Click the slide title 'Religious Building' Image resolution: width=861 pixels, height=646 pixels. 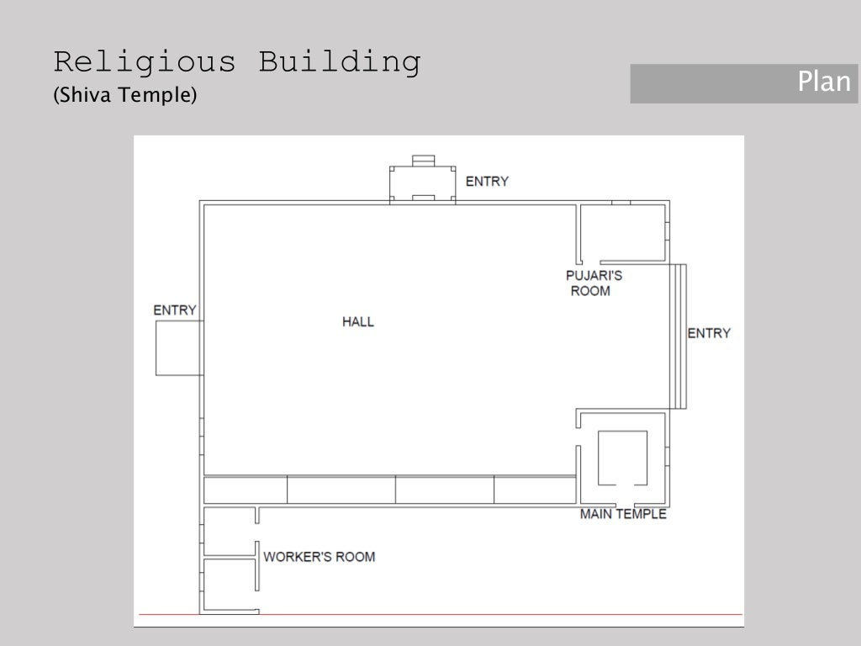click(x=236, y=63)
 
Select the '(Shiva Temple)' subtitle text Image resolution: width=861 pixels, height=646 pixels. click(x=124, y=96)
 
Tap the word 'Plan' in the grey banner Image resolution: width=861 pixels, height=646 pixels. click(x=823, y=82)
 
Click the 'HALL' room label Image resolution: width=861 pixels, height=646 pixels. click(x=358, y=321)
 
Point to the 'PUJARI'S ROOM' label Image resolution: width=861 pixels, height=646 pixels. click(x=594, y=283)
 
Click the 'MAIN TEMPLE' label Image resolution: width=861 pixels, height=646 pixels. click(x=623, y=514)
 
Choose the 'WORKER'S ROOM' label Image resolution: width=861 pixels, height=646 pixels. click(x=320, y=557)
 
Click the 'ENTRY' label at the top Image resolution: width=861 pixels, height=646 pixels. click(x=487, y=181)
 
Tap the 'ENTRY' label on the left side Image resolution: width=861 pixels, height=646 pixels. click(x=175, y=310)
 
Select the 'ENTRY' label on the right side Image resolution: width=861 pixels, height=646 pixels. click(x=709, y=333)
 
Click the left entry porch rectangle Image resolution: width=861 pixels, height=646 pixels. click(x=177, y=347)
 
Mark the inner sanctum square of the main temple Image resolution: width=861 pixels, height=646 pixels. click(x=622, y=458)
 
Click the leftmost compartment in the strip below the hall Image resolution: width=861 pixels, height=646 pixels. click(x=246, y=490)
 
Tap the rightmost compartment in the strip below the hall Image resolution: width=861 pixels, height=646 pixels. click(x=535, y=490)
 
